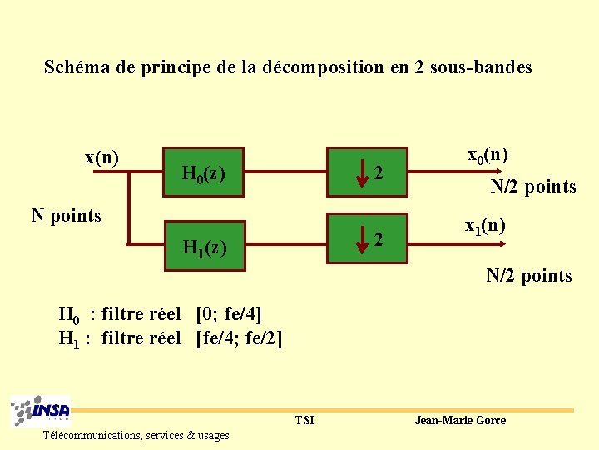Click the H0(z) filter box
(x=205, y=173)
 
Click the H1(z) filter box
(x=205, y=246)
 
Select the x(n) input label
(x=101, y=157)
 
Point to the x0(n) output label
(x=488, y=154)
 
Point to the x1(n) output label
(x=485, y=225)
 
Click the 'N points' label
(x=66, y=216)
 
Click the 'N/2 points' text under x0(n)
(x=532, y=187)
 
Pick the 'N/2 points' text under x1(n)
(x=529, y=275)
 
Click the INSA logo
(x=41, y=412)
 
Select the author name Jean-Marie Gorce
(x=460, y=420)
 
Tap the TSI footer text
(x=304, y=420)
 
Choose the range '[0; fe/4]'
(x=229, y=314)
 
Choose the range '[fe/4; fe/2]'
(x=240, y=338)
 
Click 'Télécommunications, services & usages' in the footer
(x=136, y=435)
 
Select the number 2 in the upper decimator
(x=379, y=173)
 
